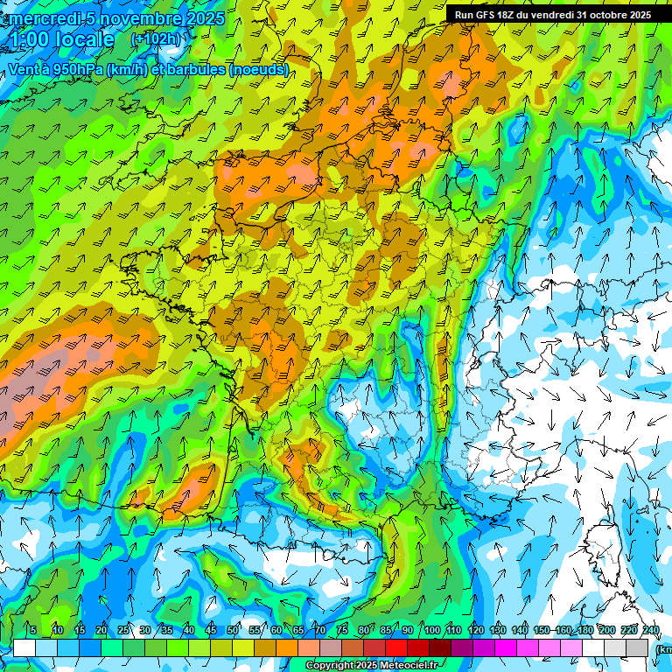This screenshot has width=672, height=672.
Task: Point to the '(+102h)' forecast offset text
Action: [157, 39]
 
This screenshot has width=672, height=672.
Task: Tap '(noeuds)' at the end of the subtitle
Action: [258, 68]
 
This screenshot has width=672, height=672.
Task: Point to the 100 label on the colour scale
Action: [432, 631]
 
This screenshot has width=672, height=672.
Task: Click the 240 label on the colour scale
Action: [650, 631]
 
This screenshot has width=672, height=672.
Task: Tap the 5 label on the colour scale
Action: [33, 631]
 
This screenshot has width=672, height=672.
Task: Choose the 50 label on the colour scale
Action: [233, 631]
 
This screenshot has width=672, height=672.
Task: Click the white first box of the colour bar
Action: [24, 647]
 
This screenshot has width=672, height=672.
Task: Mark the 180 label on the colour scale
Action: [584, 631]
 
